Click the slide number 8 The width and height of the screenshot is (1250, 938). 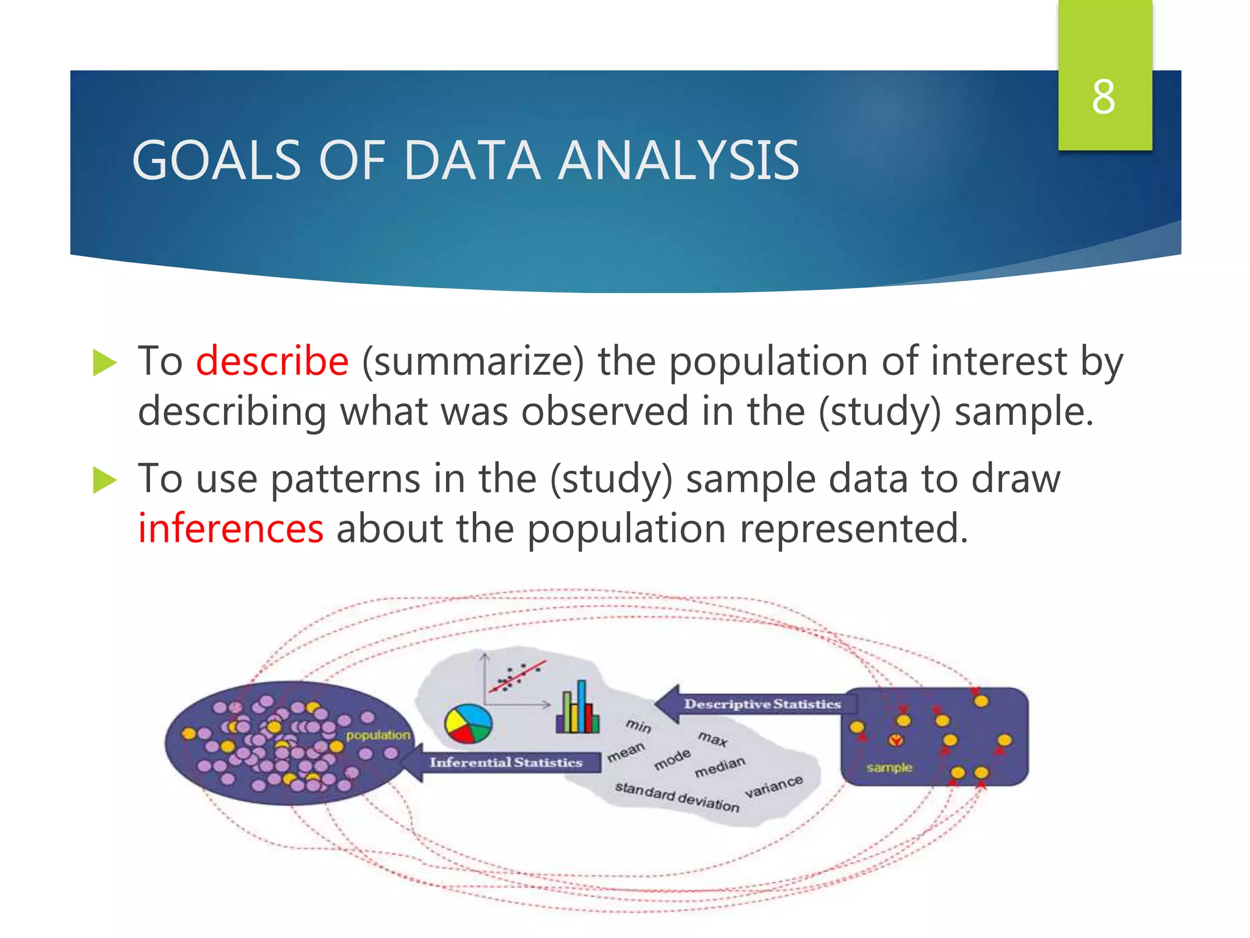[x=1104, y=97]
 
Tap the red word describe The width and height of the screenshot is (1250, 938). [x=272, y=360]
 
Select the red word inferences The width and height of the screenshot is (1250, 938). [x=231, y=528]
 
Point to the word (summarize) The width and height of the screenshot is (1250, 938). [x=473, y=360]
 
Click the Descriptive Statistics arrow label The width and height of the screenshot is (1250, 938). [x=762, y=704]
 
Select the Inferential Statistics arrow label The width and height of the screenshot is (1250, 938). [x=505, y=762]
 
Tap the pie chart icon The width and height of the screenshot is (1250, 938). [x=468, y=724]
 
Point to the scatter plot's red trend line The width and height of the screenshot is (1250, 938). [x=518, y=676]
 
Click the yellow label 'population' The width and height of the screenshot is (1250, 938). [x=378, y=735]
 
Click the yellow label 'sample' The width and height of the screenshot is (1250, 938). [x=889, y=767]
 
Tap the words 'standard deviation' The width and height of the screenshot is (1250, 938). [x=676, y=796]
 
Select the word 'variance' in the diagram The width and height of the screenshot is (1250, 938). [x=773, y=786]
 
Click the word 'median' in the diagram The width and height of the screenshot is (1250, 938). [x=720, y=766]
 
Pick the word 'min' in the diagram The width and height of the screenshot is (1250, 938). [x=638, y=725]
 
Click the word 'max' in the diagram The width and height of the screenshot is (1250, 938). [x=713, y=739]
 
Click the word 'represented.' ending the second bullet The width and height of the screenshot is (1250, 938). [x=854, y=528]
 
